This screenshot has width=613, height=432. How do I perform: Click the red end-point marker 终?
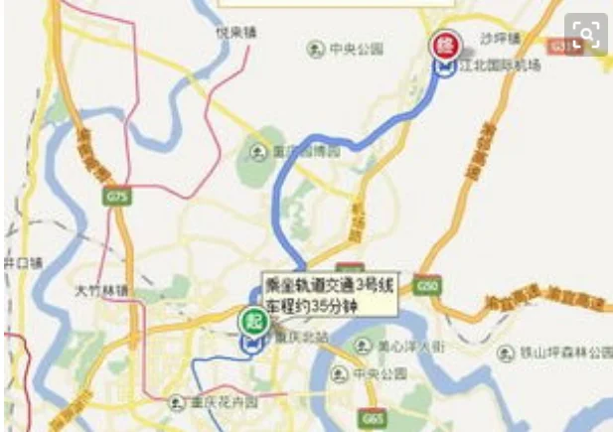[443, 45]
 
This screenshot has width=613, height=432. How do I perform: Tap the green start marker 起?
[248, 321]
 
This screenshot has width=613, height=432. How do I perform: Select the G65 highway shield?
[373, 419]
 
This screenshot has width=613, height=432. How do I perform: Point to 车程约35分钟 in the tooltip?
[310, 305]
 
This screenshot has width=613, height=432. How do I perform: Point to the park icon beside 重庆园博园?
[256, 151]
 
